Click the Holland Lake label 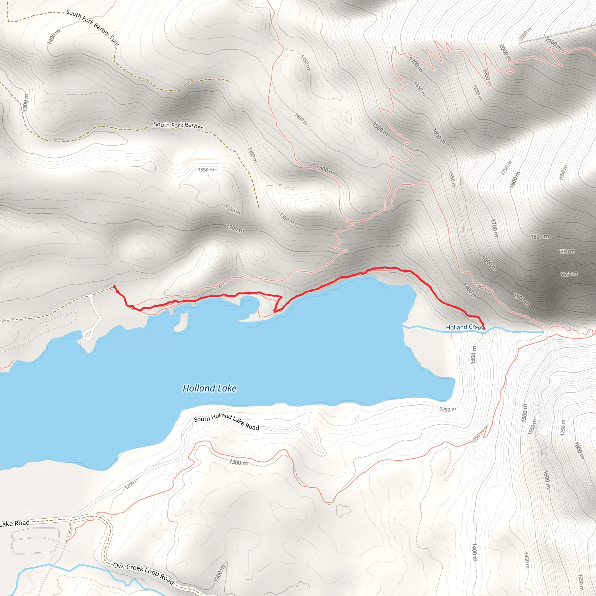[x=210, y=388]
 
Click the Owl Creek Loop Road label [x=144, y=574]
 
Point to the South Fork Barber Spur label [x=93, y=27]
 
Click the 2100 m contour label [x=553, y=44]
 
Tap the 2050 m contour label [x=525, y=34]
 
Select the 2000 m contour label [x=505, y=52]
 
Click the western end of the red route [x=114, y=287]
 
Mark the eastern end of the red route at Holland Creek [x=484, y=329]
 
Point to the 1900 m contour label [x=487, y=77]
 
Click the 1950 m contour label [x=563, y=173]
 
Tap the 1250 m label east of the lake [x=448, y=409]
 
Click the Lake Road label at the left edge [x=15, y=523]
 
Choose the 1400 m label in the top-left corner [x=54, y=37]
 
